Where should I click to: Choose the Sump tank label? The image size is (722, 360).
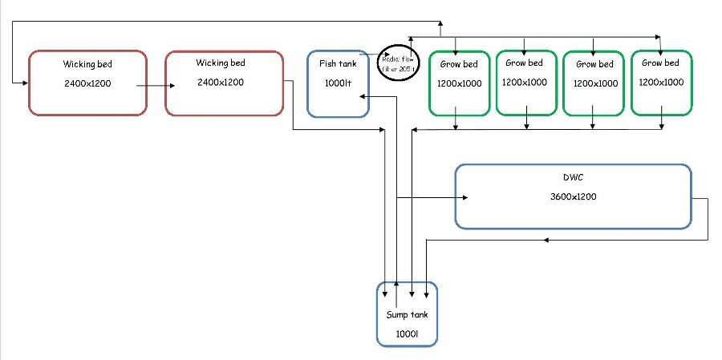point(407,314)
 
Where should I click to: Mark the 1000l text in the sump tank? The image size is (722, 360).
point(407,333)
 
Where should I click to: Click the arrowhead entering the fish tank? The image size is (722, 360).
point(363,96)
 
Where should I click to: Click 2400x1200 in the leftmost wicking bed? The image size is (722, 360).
point(88,83)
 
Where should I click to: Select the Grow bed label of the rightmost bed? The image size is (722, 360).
point(660,63)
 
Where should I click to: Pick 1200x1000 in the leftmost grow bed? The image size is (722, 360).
point(457,83)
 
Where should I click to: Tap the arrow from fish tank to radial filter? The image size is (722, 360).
point(374,56)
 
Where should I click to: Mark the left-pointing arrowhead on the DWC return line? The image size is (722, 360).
point(546,240)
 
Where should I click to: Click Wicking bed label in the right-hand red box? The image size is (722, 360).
point(221,63)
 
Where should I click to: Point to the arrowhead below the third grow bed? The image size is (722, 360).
point(593,125)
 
